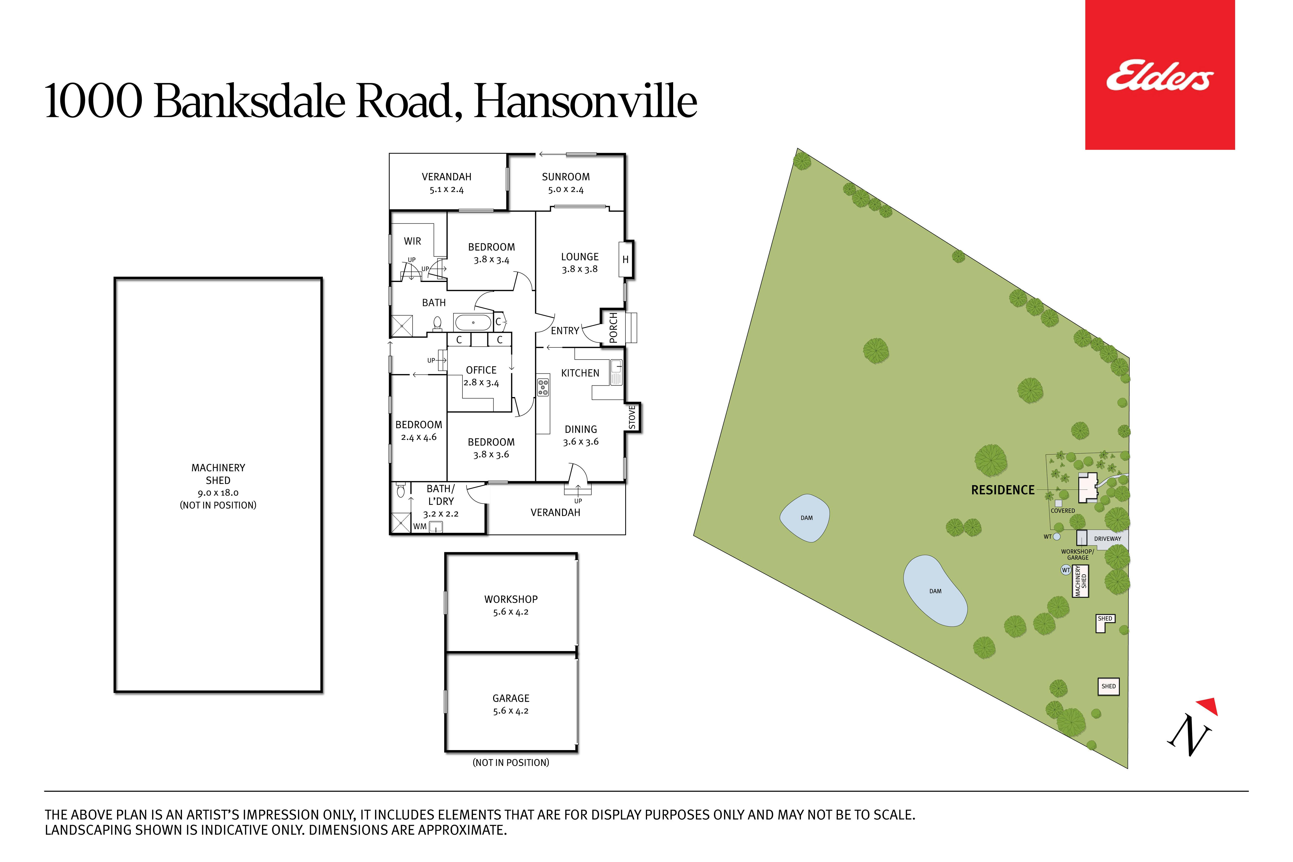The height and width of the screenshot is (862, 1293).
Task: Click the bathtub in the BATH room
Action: (x=473, y=322)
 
